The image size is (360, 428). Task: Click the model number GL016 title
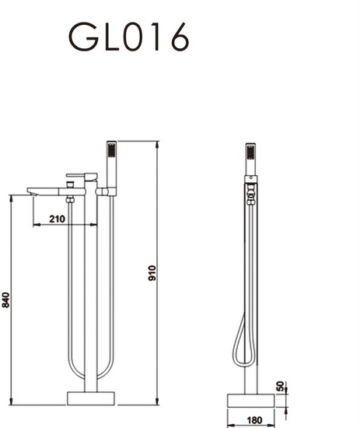(128, 37)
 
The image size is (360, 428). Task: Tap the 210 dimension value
(56, 219)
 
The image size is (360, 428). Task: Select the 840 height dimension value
(7, 300)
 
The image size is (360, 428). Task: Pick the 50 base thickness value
(281, 387)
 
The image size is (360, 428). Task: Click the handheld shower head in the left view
(111, 159)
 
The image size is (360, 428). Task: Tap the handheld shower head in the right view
(250, 159)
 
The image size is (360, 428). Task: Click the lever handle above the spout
(81, 176)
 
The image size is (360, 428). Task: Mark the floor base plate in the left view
(91, 398)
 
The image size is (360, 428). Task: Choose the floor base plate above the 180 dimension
(250, 399)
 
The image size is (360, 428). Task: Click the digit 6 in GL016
(178, 37)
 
